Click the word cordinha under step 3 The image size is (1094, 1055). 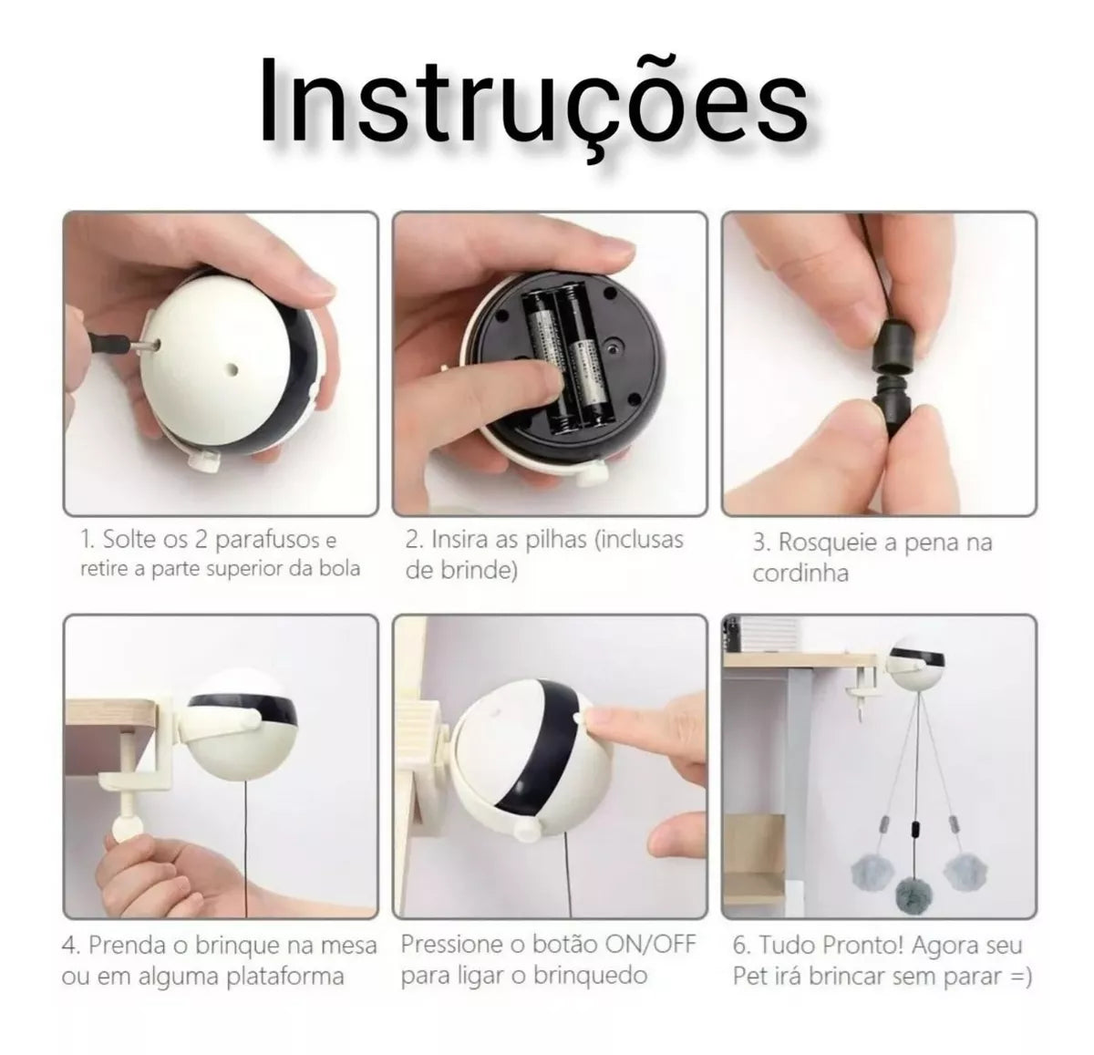click(800, 574)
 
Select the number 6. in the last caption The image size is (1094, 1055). click(742, 946)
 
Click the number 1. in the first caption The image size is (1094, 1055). click(88, 540)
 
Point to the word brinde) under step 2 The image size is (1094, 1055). click(461, 571)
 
